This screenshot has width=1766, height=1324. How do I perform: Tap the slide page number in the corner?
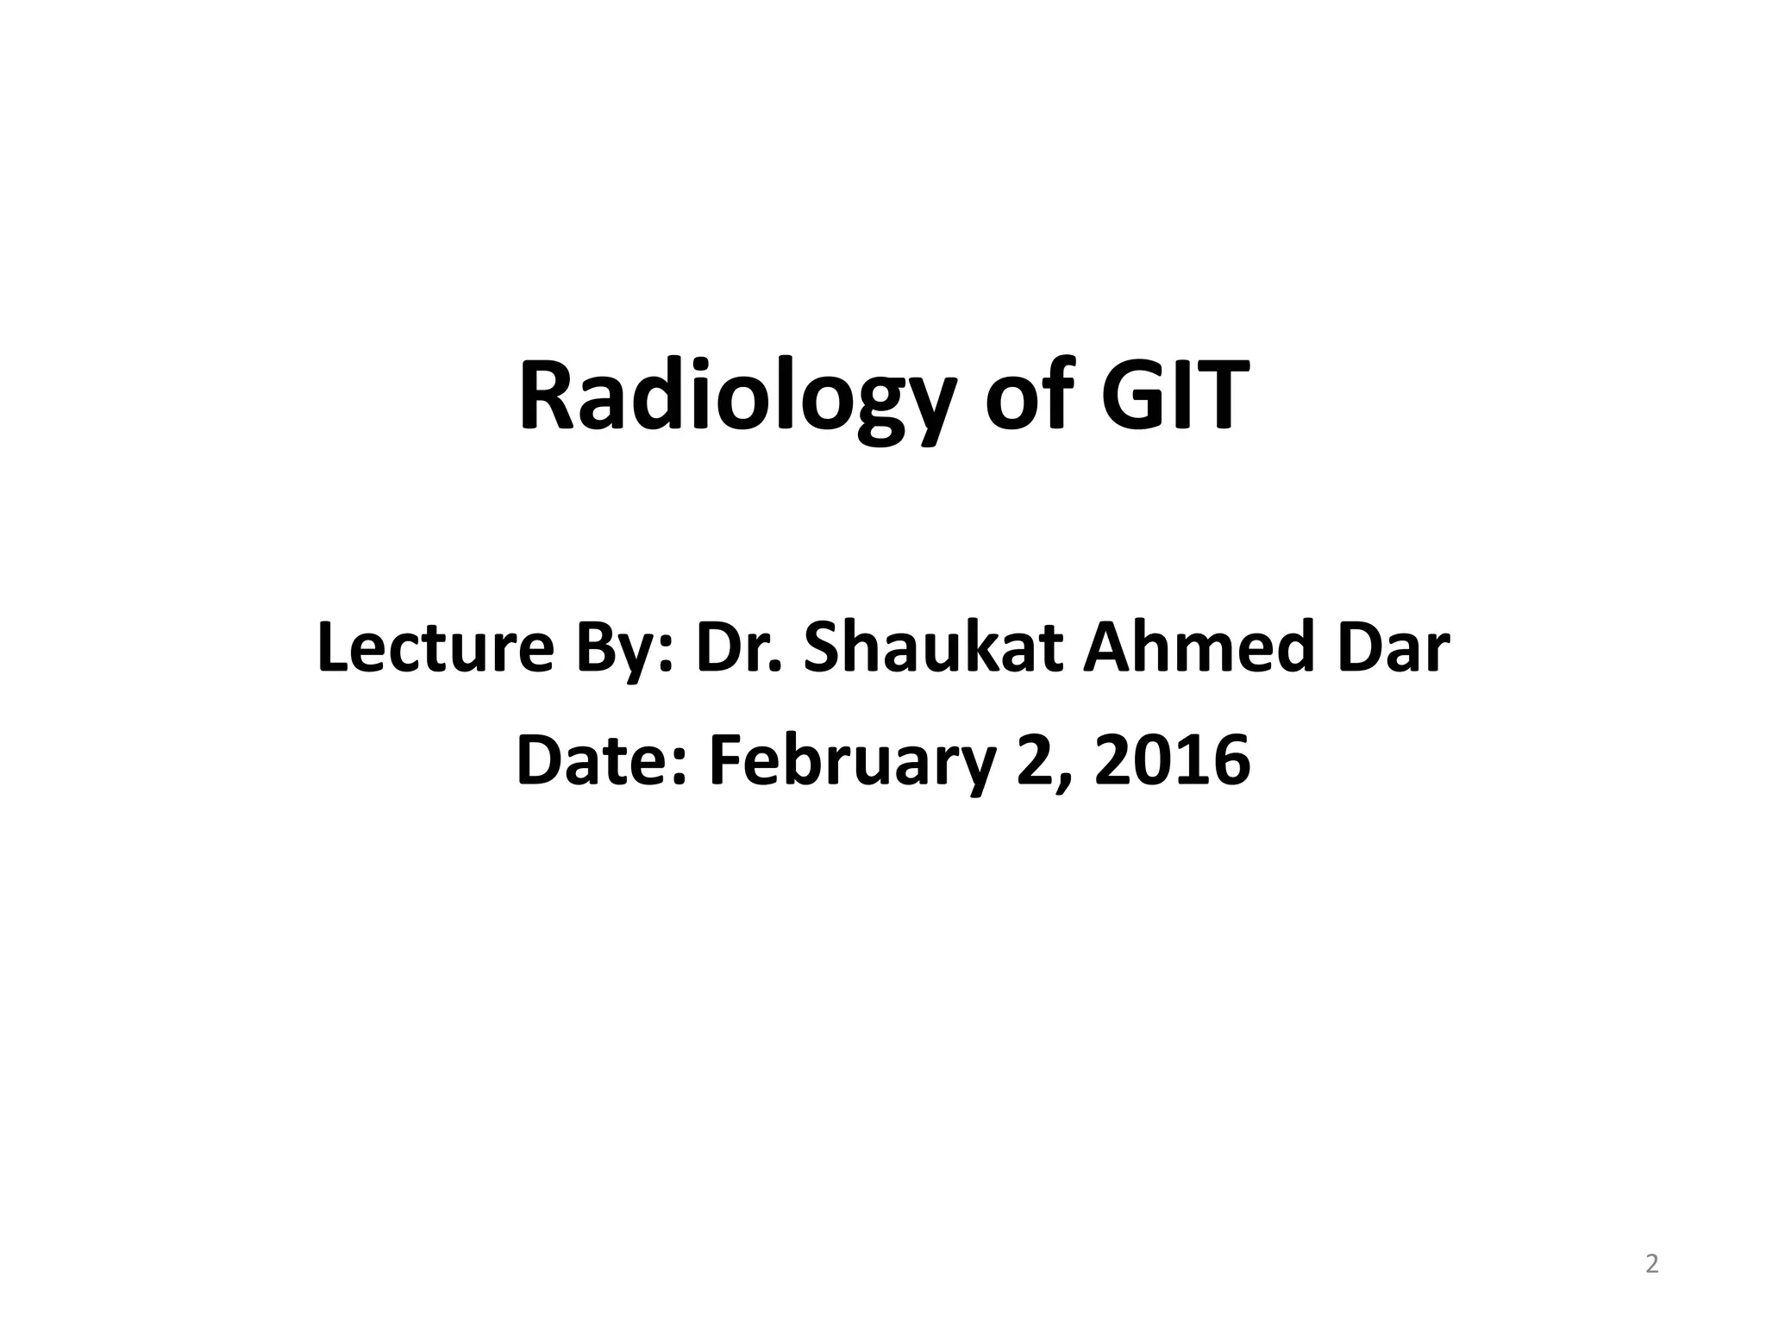tap(1651, 1265)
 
